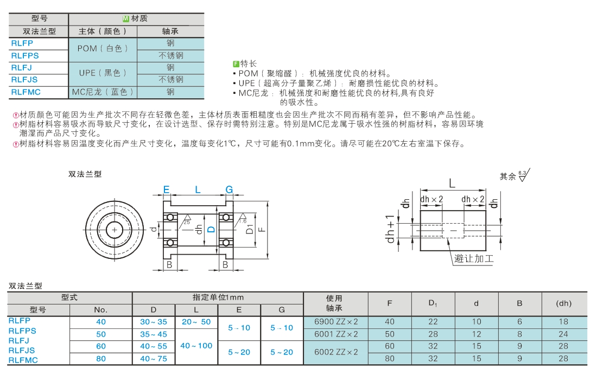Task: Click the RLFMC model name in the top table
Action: [26, 92]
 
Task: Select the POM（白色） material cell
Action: [103, 49]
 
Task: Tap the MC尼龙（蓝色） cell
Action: [103, 92]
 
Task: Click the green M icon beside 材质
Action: [126, 18]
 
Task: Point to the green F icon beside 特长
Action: [236, 64]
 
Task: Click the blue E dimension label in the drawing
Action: [167, 189]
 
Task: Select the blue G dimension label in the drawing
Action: [229, 189]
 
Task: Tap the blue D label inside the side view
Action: [211, 230]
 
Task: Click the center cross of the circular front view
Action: [114, 230]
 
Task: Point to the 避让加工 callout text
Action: [474, 258]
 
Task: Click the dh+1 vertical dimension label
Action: [390, 229]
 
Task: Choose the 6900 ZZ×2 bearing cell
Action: [336, 322]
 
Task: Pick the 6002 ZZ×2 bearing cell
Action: [336, 352]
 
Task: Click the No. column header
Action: [101, 310]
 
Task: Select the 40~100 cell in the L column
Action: [196, 346]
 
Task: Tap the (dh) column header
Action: [563, 303]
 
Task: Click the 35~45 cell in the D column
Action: [154, 334]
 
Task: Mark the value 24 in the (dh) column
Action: [563, 334]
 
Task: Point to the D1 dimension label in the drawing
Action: [250, 229]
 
